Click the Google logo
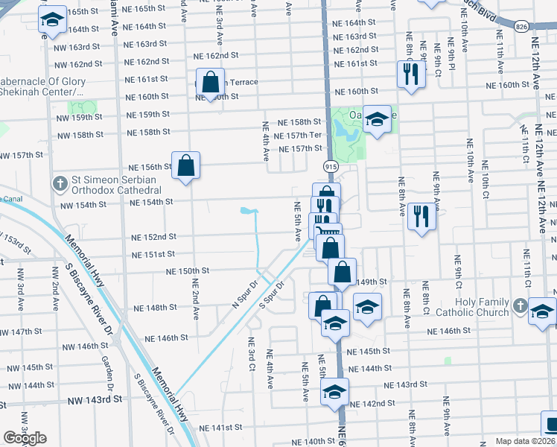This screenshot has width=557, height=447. pyautogui.click(x=25, y=438)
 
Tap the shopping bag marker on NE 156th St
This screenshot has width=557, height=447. pyautogui.click(x=186, y=165)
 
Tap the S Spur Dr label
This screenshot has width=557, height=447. pyautogui.click(x=272, y=296)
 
